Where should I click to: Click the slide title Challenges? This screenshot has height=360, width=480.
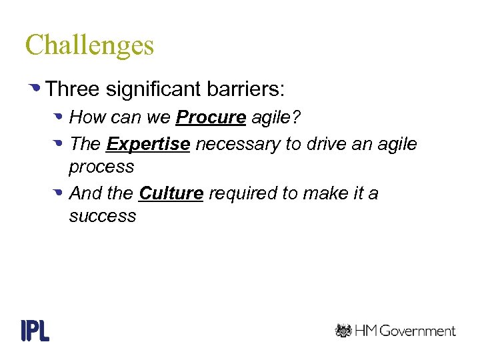click(x=89, y=46)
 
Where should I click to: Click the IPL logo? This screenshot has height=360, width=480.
click(x=35, y=330)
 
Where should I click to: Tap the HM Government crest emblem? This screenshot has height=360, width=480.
click(x=343, y=331)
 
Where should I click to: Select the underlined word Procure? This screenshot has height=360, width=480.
click(x=211, y=118)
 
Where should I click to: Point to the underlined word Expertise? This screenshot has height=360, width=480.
click(x=148, y=144)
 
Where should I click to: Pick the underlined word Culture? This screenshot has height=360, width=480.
click(x=171, y=193)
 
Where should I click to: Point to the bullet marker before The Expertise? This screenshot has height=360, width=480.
click(x=59, y=143)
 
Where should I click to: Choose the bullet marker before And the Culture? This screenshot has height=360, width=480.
click(x=59, y=193)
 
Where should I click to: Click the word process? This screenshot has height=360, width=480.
click(x=101, y=167)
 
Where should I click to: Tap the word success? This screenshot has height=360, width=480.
click(x=102, y=216)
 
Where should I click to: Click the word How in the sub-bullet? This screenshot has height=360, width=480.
click(x=83, y=118)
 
